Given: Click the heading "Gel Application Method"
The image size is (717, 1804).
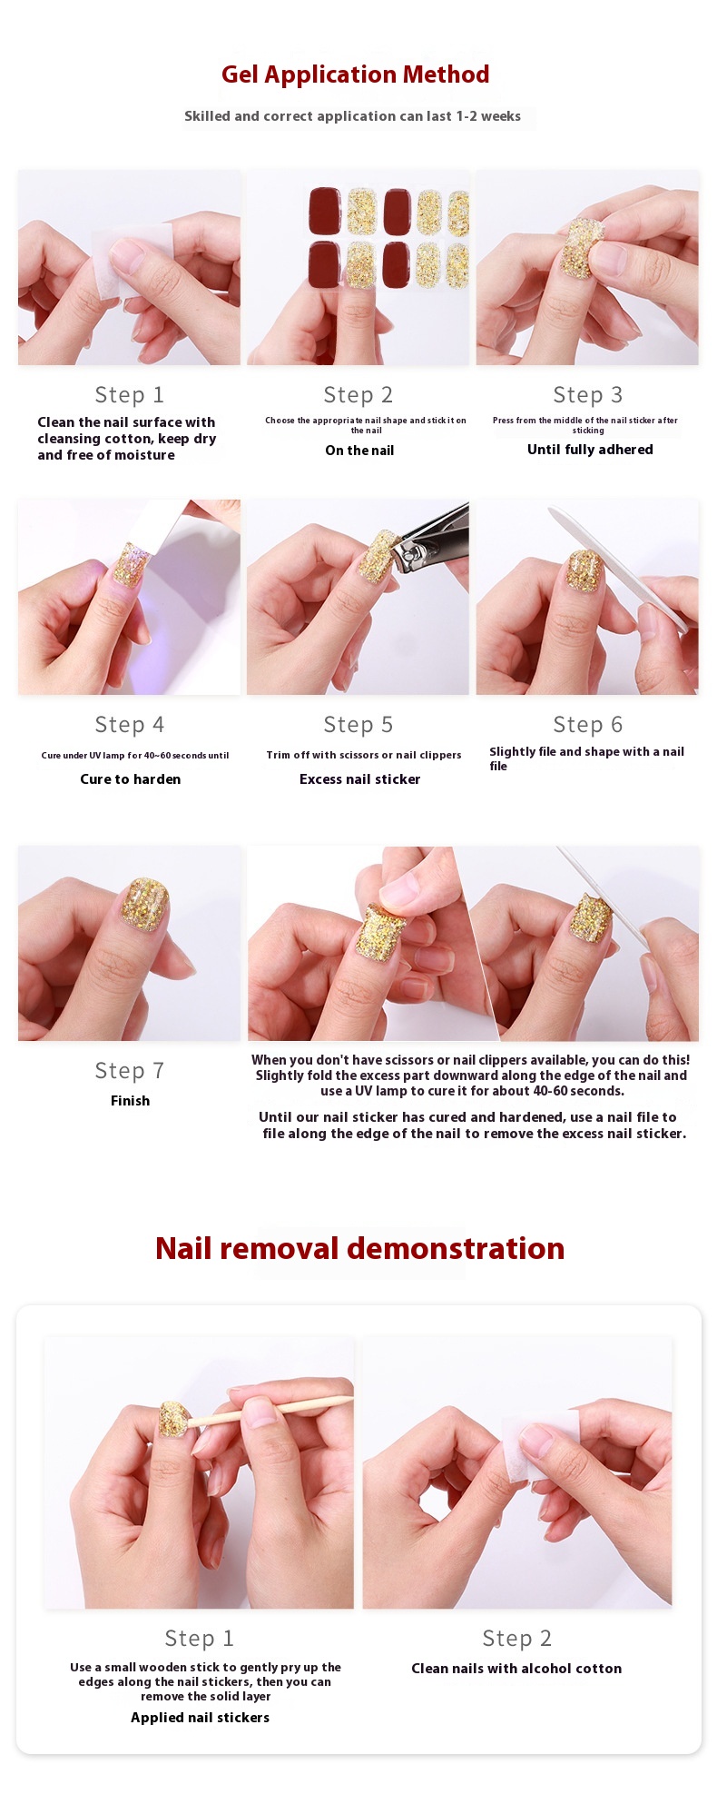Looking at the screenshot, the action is [x=356, y=74].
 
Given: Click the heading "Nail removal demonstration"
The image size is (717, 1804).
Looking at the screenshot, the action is [x=360, y=1248].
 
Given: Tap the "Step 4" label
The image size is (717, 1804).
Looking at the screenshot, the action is [x=130, y=725].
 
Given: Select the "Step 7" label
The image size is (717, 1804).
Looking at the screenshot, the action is [x=130, y=1071].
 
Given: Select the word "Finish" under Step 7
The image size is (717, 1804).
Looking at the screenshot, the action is [x=131, y=1101].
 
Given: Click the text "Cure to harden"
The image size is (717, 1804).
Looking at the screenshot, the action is [x=131, y=779].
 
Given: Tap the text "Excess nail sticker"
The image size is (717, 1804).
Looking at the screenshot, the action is [x=360, y=779].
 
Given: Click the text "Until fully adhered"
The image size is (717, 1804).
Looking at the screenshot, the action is [x=590, y=450].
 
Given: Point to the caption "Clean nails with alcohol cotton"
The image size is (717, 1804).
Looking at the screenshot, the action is [x=516, y=1669].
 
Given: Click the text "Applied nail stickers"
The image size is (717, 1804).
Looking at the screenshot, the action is [x=201, y=1718].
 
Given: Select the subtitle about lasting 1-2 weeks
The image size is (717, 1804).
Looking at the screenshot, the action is [x=352, y=116].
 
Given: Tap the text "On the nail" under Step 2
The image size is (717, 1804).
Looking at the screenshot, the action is [x=359, y=451].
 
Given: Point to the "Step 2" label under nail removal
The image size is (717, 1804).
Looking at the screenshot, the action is [x=517, y=1639].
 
